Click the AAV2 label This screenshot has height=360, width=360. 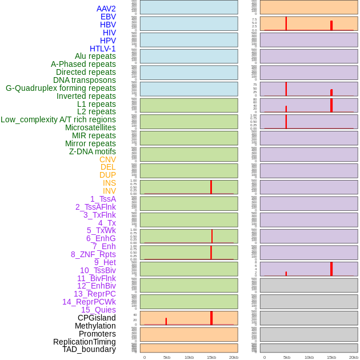[106, 9]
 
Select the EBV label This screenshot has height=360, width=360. [108, 17]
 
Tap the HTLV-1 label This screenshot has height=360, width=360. [102, 49]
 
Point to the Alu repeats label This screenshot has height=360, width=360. [95, 56]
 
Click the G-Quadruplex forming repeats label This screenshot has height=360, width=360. [61, 88]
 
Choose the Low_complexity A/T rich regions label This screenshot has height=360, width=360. [58, 119]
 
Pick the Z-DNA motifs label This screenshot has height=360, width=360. [92, 151]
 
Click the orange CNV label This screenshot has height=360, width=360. [107, 159]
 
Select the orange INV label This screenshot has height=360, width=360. [109, 191]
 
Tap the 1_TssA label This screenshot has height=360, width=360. [103, 199]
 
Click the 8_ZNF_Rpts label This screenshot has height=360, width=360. [93, 254]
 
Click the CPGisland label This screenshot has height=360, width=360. [97, 318]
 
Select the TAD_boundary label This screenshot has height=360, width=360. [89, 349]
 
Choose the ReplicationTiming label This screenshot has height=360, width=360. [84, 342]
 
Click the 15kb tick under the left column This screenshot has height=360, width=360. [211, 357]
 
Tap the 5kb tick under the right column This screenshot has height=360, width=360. [286, 357]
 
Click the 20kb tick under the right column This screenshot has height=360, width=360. [353, 357]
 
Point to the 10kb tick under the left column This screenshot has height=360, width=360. [189, 357]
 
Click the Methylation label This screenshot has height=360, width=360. [95, 326]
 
